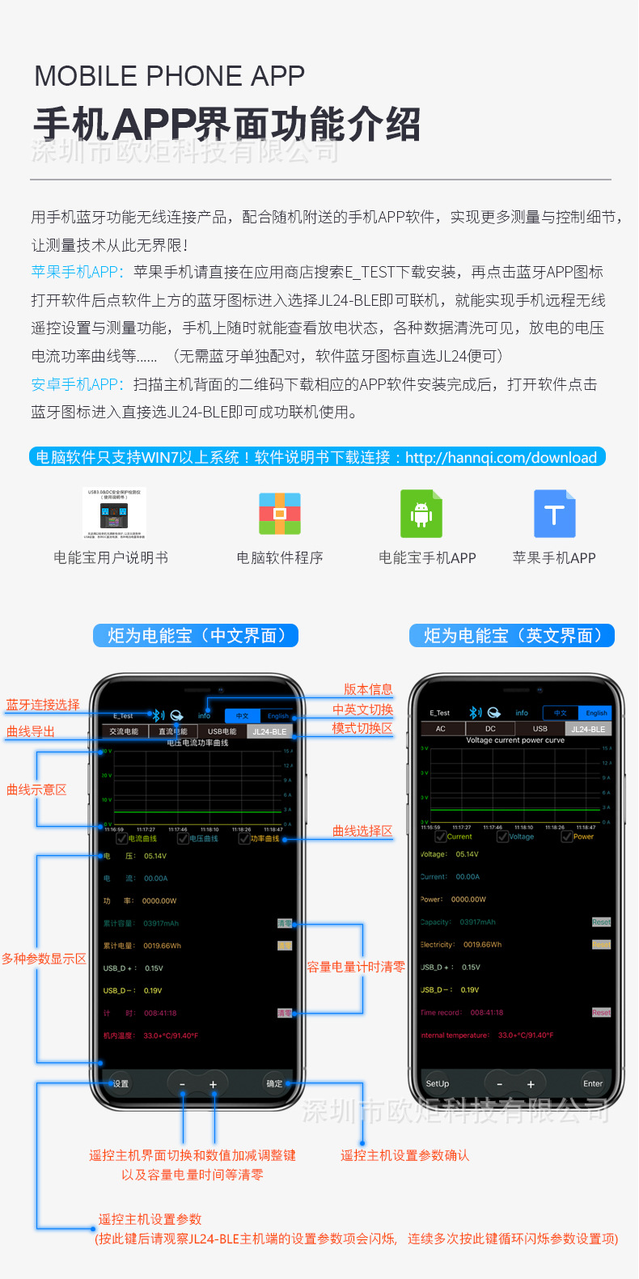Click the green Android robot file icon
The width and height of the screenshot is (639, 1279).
click(421, 514)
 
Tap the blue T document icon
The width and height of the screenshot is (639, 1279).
click(554, 514)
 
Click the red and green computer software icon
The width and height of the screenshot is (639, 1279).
click(280, 514)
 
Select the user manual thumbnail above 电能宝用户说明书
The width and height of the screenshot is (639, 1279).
click(114, 513)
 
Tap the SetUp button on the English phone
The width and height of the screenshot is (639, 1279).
click(438, 1083)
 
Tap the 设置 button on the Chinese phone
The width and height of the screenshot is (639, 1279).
click(121, 1083)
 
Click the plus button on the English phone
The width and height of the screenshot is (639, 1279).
click(531, 1084)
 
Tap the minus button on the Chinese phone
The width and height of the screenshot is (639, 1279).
click(182, 1084)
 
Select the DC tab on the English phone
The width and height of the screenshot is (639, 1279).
click(490, 729)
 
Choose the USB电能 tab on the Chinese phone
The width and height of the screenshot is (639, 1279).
click(222, 731)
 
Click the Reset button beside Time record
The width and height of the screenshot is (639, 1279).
click(601, 1012)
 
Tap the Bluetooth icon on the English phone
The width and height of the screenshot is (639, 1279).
click(475, 713)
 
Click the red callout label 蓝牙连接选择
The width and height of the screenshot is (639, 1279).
click(43, 705)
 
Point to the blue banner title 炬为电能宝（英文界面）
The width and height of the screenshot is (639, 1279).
click(512, 636)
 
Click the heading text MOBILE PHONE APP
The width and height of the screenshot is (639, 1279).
click(169, 76)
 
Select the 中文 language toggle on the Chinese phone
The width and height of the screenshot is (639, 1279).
click(242, 716)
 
